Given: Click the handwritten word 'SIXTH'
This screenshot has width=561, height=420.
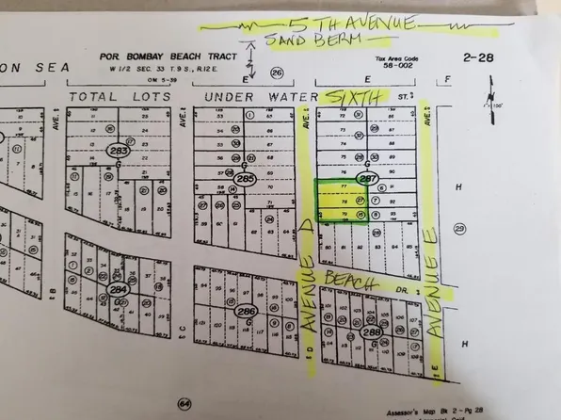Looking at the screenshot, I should (353, 97).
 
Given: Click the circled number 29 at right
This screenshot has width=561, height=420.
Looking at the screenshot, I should (459, 229).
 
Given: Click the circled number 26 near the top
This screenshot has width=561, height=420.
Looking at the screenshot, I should (277, 73).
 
